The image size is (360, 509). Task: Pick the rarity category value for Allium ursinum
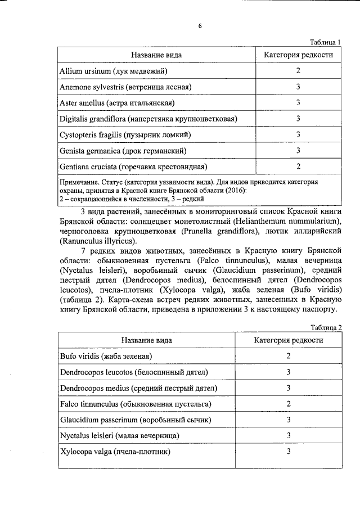298,71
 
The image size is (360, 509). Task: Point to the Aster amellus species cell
117,103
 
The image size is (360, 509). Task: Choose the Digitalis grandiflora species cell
148,119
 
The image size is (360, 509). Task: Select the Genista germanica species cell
123,151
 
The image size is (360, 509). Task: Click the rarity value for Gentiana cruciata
298,166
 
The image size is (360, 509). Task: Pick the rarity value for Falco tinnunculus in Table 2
288,404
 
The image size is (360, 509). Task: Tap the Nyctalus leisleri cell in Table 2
119,436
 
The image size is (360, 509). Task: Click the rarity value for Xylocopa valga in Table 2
288,452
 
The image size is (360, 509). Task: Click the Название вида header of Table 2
146,340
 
